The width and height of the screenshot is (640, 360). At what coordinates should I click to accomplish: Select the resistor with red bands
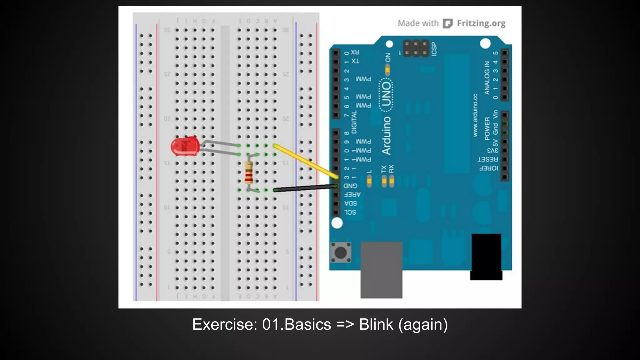point(249,172)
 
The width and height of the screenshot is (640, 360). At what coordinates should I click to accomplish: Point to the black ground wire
point(305,188)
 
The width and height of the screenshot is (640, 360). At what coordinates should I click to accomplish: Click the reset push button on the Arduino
point(341,252)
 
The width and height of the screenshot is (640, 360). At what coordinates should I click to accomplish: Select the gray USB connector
point(381,270)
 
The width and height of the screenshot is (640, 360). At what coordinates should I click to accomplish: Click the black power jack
point(486,256)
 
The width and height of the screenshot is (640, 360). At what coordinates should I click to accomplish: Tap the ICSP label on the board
point(434,49)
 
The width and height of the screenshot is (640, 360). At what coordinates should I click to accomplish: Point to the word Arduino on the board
point(387,136)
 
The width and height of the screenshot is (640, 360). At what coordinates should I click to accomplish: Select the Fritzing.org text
point(481,23)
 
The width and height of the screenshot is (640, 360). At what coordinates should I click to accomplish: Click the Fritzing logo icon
point(447,23)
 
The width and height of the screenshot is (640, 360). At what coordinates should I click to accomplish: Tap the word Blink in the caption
point(376,324)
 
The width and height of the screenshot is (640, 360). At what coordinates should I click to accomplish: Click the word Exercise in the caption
point(224,324)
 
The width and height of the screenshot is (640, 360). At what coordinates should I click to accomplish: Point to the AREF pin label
point(352,195)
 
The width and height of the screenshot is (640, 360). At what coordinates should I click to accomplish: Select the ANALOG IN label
point(487,78)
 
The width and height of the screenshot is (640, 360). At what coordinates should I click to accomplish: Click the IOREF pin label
point(488,168)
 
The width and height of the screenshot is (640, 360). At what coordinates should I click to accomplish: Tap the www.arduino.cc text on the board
point(475,115)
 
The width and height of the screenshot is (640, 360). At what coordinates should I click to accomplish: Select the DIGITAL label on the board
point(354,122)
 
